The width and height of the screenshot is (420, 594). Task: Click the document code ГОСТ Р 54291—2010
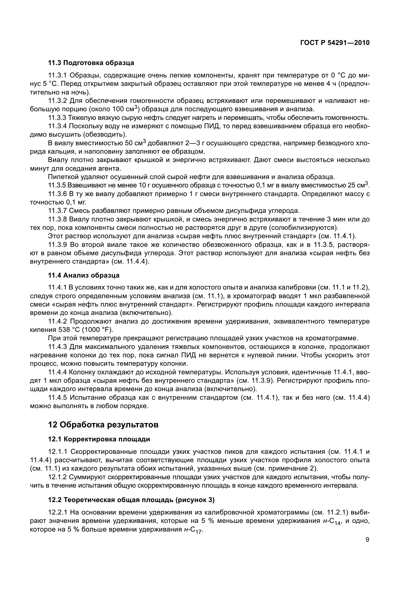(x=335, y=43)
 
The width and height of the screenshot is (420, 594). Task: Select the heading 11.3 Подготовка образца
(x=91, y=63)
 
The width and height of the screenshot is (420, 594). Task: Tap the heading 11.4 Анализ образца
(x=84, y=275)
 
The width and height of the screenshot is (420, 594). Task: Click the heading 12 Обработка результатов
(x=103, y=425)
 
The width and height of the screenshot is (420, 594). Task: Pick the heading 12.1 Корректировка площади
(x=99, y=439)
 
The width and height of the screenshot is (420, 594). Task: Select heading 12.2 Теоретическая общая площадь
(x=131, y=500)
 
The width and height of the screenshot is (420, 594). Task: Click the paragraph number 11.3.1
(x=57, y=75)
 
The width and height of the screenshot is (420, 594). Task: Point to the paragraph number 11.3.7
(x=57, y=211)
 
